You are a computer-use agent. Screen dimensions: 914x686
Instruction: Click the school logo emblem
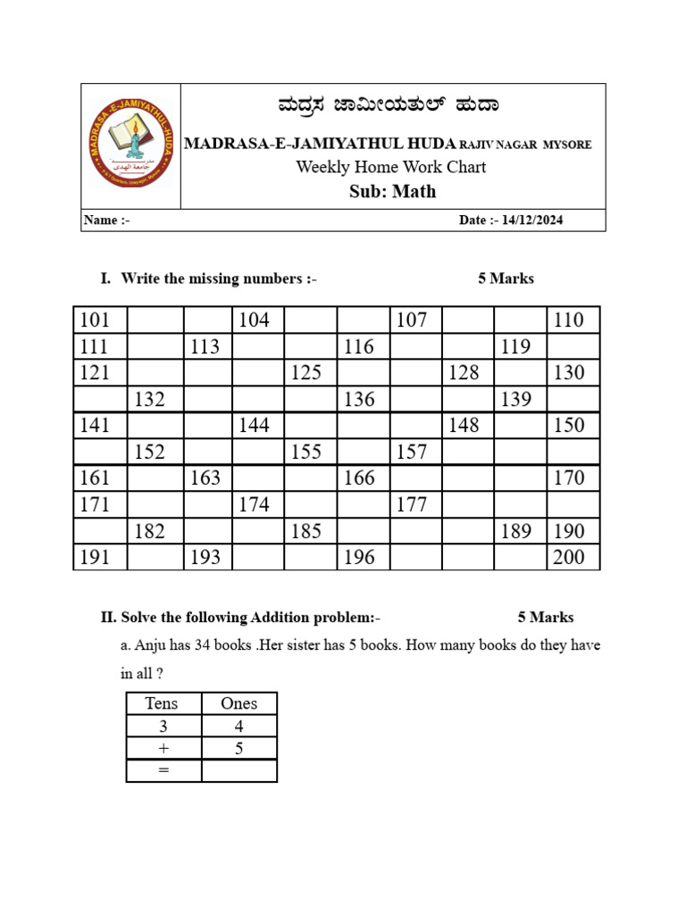(131, 145)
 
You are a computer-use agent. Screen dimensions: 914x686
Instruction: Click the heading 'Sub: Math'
(392, 191)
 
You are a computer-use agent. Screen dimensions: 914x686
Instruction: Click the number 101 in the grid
(96, 320)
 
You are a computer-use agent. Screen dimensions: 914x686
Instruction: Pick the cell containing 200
(569, 558)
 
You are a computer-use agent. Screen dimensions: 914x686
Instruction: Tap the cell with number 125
(306, 373)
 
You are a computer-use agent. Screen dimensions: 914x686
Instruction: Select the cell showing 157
(411, 453)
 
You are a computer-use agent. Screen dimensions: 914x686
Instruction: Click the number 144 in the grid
(255, 426)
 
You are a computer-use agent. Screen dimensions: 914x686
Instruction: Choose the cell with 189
(516, 532)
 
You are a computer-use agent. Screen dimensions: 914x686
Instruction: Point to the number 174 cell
(255, 505)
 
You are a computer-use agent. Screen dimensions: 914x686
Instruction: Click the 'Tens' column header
(162, 703)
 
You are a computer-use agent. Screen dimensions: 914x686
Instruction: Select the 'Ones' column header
(238, 703)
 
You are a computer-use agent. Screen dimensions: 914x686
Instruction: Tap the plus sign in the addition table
(163, 749)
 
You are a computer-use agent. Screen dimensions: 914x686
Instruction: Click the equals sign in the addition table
(163, 771)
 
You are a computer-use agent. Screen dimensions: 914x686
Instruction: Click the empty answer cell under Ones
(238, 771)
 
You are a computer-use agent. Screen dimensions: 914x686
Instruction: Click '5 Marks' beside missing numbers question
(506, 278)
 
